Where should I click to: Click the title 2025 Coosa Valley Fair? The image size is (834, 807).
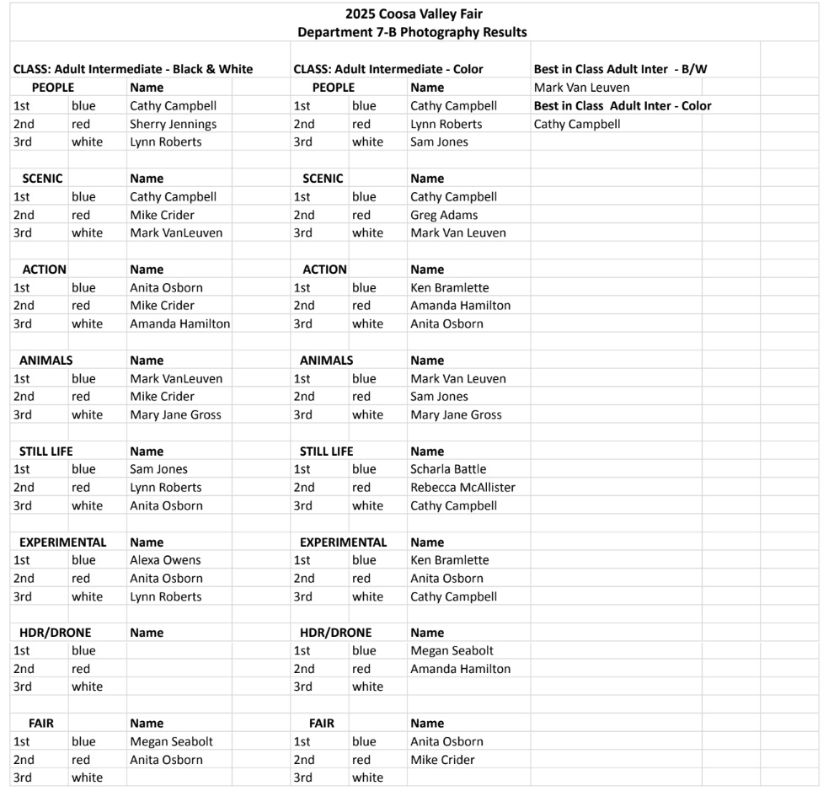[x=414, y=13]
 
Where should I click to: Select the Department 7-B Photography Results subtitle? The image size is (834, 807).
[x=412, y=32]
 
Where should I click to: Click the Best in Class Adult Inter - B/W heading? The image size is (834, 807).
[x=620, y=69]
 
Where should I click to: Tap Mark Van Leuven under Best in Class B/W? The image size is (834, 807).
[x=581, y=88]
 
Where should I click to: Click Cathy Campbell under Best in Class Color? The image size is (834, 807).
[x=577, y=124]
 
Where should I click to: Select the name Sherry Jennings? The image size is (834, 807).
[x=173, y=124]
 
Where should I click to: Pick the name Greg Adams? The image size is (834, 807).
[x=444, y=215]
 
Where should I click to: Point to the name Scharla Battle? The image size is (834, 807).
[x=448, y=469]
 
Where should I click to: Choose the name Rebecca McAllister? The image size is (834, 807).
[x=462, y=487]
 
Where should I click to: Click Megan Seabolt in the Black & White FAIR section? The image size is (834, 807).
[x=171, y=742]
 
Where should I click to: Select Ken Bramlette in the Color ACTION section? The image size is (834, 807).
[x=449, y=287]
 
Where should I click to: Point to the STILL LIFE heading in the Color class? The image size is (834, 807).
[x=326, y=452]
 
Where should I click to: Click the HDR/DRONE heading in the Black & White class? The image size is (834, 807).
[x=55, y=633]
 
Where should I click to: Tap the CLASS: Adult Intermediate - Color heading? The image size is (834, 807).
[x=388, y=69]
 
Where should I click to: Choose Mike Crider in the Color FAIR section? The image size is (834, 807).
[x=442, y=760]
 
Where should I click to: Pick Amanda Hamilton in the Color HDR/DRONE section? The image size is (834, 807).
[x=460, y=669]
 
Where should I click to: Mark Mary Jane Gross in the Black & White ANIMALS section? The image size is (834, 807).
[x=175, y=414]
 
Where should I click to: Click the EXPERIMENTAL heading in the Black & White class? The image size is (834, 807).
[x=62, y=542]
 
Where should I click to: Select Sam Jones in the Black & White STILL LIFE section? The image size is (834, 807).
[x=158, y=469]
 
